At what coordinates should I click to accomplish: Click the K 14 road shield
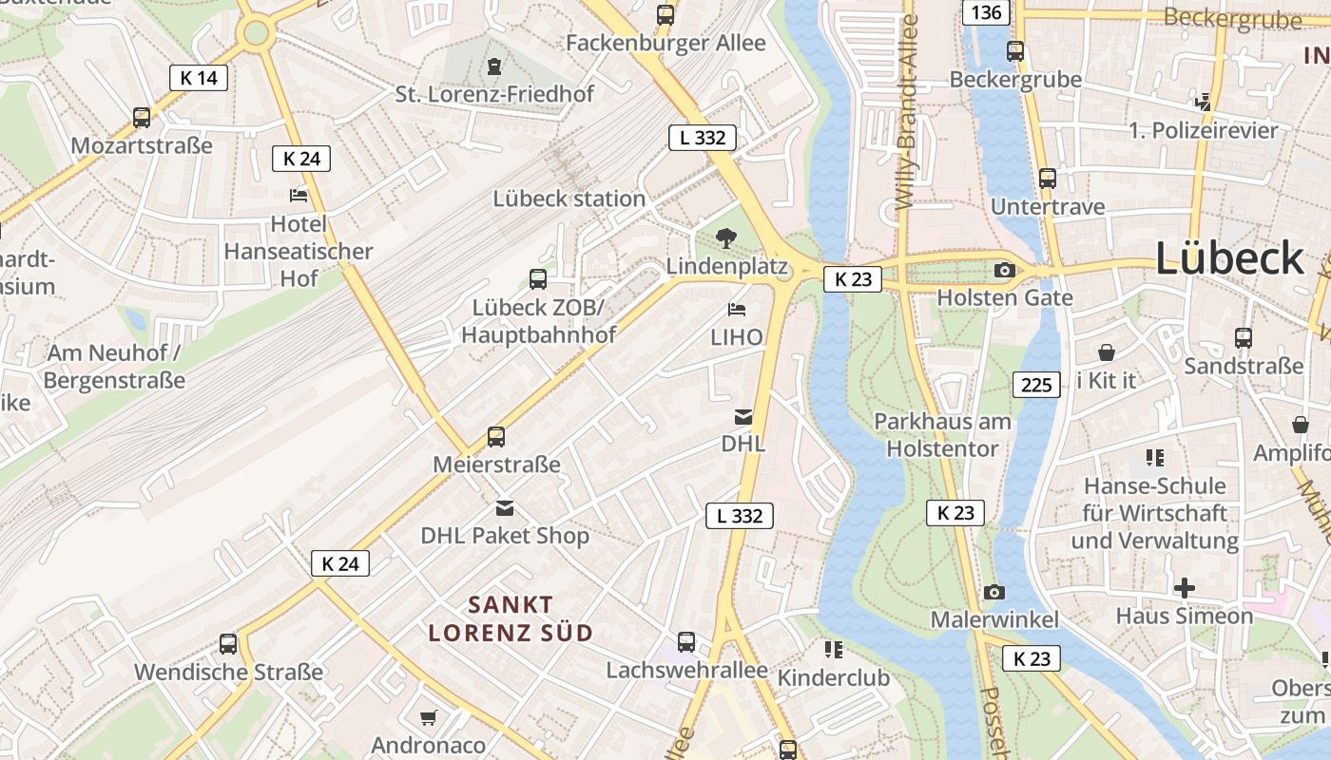pos(199,78)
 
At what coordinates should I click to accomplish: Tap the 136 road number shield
pos(986,12)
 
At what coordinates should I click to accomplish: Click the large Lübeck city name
pos(1229,258)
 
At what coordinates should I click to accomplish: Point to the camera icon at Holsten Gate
pos(1004,271)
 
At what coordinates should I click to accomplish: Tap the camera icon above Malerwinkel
pos(993,592)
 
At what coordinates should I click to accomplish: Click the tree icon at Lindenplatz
pos(726,237)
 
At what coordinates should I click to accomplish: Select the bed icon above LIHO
pos(736,310)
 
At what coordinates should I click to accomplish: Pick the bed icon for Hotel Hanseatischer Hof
pos(299,196)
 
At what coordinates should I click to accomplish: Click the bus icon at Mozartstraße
pos(142,118)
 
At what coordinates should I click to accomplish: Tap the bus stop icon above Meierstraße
pos(495,437)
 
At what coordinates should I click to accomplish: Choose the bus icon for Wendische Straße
pos(228,643)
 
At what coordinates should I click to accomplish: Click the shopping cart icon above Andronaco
pos(428,716)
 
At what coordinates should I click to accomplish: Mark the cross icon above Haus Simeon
pos(1184,587)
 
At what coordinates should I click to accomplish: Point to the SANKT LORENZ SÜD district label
pos(511,618)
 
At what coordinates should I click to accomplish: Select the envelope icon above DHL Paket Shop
pos(504,508)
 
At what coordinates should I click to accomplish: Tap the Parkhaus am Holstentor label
pos(942,434)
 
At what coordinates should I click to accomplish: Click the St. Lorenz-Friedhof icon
pos(494,66)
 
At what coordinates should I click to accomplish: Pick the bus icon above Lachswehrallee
pos(685,641)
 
